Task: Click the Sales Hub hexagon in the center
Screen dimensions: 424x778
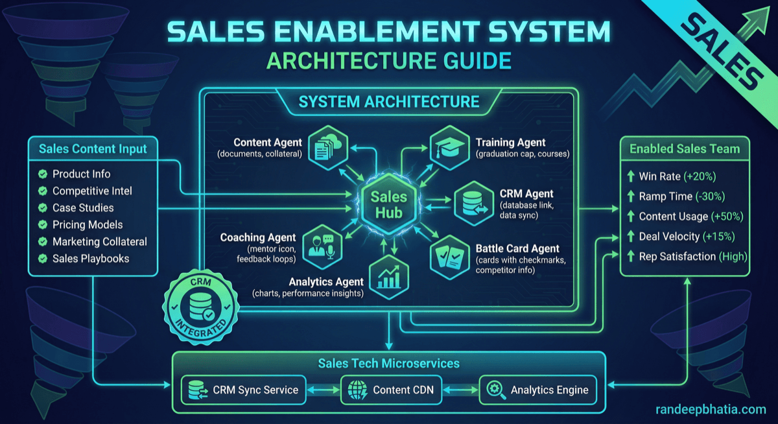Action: [388, 205]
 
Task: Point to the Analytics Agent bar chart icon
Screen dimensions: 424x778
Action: [389, 276]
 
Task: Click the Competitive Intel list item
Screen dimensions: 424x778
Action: [92, 191]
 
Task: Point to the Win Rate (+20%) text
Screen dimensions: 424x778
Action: [677, 176]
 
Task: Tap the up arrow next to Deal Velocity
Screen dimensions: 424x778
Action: [630, 237]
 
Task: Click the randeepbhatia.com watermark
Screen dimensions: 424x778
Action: [710, 409]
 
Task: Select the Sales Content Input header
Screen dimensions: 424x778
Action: [93, 149]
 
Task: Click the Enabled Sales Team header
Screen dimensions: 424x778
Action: [685, 149]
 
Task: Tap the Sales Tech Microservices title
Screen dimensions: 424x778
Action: [389, 364]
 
